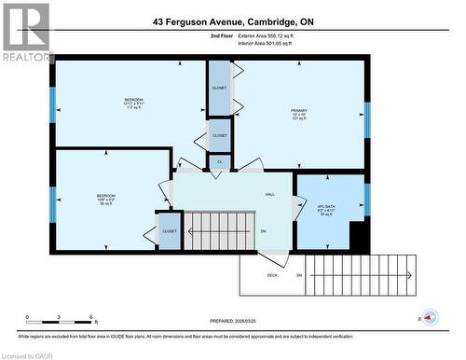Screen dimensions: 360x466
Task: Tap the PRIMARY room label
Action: pyautogui.click(x=298, y=111)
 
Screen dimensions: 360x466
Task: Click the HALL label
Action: pyautogui.click(x=269, y=193)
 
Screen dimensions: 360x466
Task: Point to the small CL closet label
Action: pyautogui.click(x=219, y=161)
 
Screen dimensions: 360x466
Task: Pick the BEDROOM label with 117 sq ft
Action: pyautogui.click(x=133, y=100)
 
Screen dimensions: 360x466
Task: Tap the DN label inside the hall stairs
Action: pyautogui.click(x=264, y=231)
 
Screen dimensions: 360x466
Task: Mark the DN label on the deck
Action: pyautogui.click(x=299, y=275)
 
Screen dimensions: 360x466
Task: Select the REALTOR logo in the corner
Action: pyautogui.click(x=26, y=33)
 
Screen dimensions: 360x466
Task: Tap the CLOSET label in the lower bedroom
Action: pyautogui.click(x=170, y=230)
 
